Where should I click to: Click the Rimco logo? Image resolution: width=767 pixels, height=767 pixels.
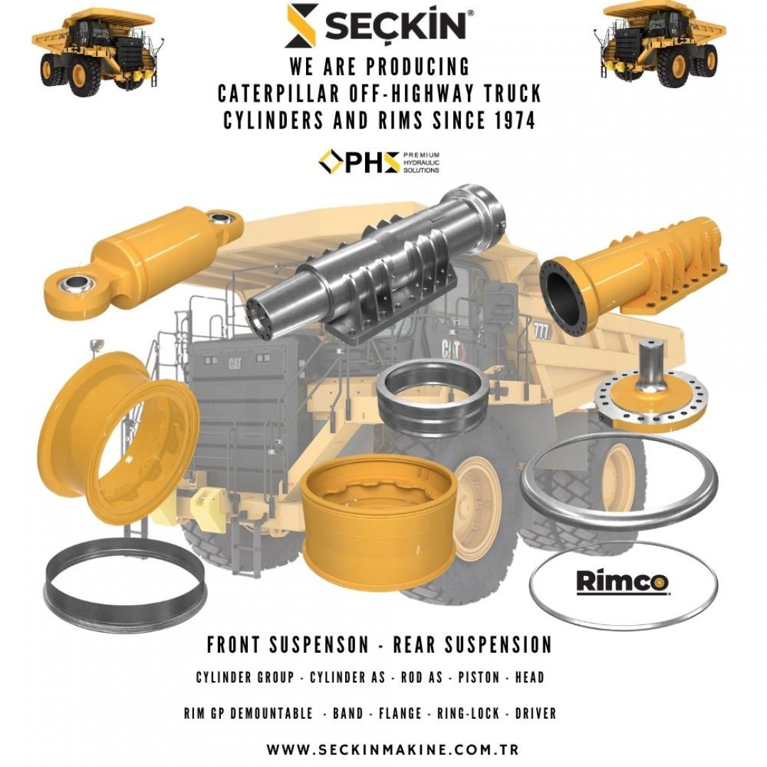tap(623, 582)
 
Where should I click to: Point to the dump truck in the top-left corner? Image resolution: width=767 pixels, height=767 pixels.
tap(97, 51)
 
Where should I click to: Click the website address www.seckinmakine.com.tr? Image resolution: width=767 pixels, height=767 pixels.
tap(393, 749)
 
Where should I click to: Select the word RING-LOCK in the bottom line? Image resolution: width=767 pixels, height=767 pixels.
tap(468, 713)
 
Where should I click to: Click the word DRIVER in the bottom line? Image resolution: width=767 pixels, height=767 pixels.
tap(535, 713)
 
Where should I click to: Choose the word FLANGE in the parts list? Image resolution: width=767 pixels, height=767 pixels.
tap(400, 713)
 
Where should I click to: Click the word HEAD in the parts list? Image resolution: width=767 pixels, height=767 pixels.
tap(530, 678)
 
